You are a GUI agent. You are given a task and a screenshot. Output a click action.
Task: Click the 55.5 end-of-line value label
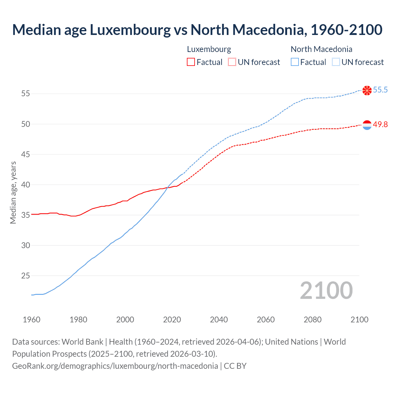pos(380,90)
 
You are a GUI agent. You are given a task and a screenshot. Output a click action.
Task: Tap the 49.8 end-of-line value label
pos(380,124)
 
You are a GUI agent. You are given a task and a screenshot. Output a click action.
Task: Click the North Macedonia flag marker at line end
pos(367,90)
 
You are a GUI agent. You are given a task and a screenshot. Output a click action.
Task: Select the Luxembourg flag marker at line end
pos(367,125)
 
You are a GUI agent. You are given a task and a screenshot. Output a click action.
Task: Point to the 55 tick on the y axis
pos(26,93)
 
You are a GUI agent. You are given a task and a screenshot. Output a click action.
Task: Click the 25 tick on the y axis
pos(26,275)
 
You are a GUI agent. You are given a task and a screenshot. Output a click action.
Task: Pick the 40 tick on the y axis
pos(26,185)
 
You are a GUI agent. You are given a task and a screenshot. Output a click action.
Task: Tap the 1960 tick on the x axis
pos(32,320)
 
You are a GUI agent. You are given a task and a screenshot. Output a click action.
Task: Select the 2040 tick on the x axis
pos(219,320)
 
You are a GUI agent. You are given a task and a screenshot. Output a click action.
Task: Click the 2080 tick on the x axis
pos(312,320)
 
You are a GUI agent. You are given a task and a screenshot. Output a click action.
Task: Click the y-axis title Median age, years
pos(13,192)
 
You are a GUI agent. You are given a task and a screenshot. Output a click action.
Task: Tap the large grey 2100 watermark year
pos(326,290)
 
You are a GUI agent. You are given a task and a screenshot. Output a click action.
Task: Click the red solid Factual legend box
pos(191,62)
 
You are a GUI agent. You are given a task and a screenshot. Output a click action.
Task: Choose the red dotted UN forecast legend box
pos(232,62)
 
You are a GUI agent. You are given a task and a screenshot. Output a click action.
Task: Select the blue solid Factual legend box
pos(295,62)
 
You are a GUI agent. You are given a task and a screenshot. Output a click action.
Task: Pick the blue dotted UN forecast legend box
pos(336,62)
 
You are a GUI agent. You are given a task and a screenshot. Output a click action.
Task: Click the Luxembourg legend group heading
pos(209,49)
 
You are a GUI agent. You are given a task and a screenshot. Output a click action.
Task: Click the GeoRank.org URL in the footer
pos(115,366)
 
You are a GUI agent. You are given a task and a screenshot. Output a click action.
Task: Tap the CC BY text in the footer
pos(235,366)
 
